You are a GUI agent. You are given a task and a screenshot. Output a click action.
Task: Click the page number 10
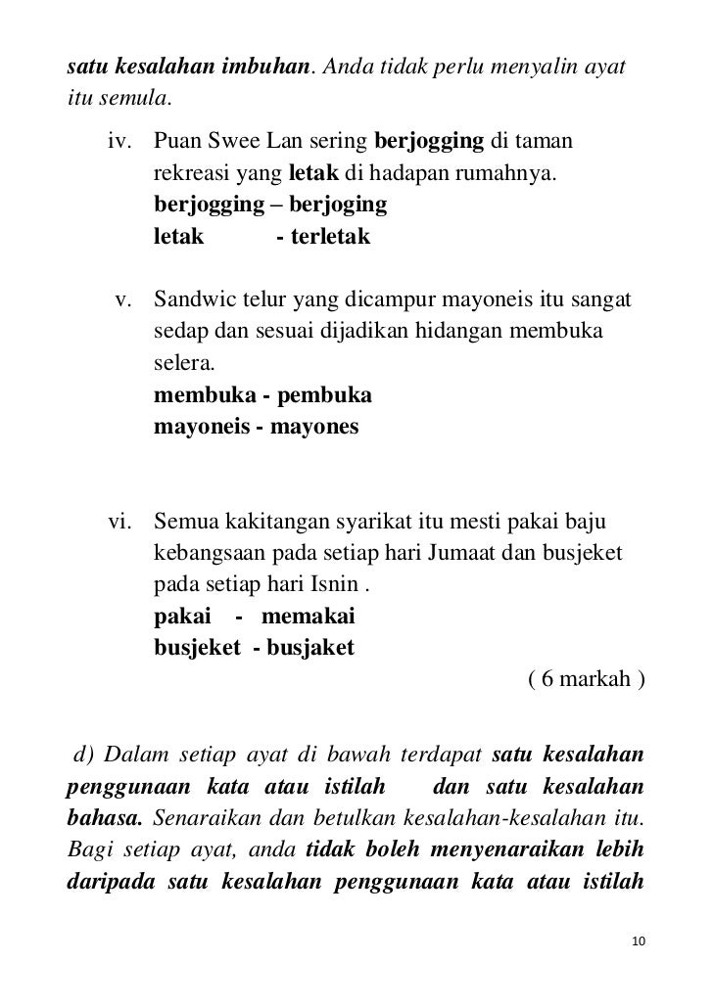tap(639, 941)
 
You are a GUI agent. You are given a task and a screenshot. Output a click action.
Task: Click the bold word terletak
tap(323, 236)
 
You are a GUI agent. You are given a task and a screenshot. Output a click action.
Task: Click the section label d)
tap(79, 755)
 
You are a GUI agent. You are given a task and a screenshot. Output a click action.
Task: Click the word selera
tap(182, 365)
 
